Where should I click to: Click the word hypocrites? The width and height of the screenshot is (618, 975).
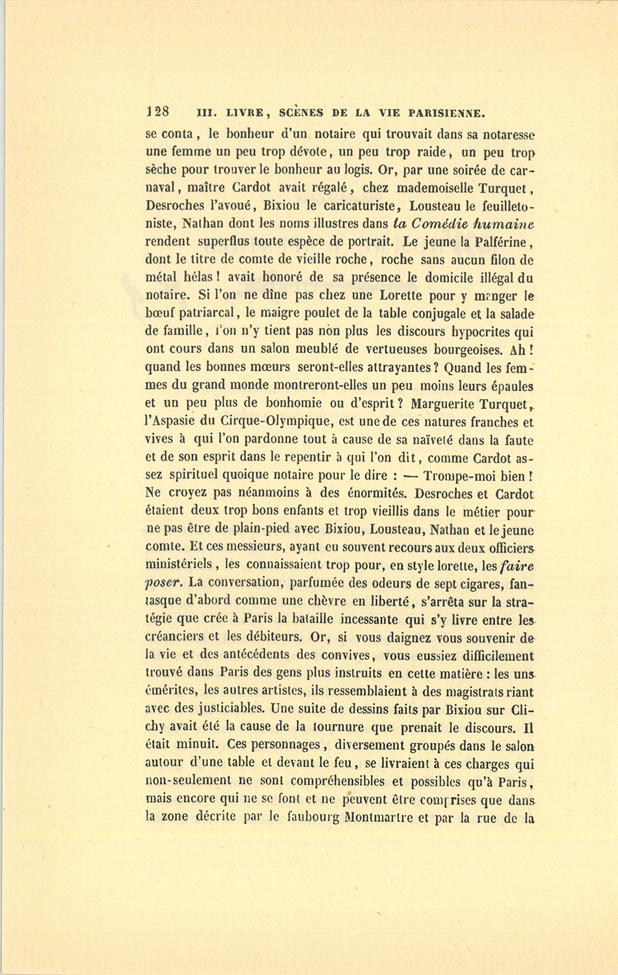tap(467, 331)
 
